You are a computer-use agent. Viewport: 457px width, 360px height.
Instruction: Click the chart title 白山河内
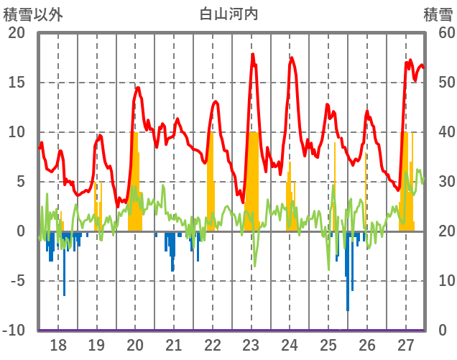228,13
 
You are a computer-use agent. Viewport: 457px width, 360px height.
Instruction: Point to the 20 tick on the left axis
17,33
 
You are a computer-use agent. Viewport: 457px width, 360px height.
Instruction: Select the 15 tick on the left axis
17,83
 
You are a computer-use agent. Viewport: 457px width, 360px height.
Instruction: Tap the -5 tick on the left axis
17,281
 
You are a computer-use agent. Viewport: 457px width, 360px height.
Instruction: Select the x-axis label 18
58,344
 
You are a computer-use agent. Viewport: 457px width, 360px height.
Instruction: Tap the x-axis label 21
174,344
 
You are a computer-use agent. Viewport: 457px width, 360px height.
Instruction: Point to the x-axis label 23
251,344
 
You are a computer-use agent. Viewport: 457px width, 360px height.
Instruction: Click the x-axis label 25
328,344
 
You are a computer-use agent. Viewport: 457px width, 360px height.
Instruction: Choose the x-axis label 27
405,344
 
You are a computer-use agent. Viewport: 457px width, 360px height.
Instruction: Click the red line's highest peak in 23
252,55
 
